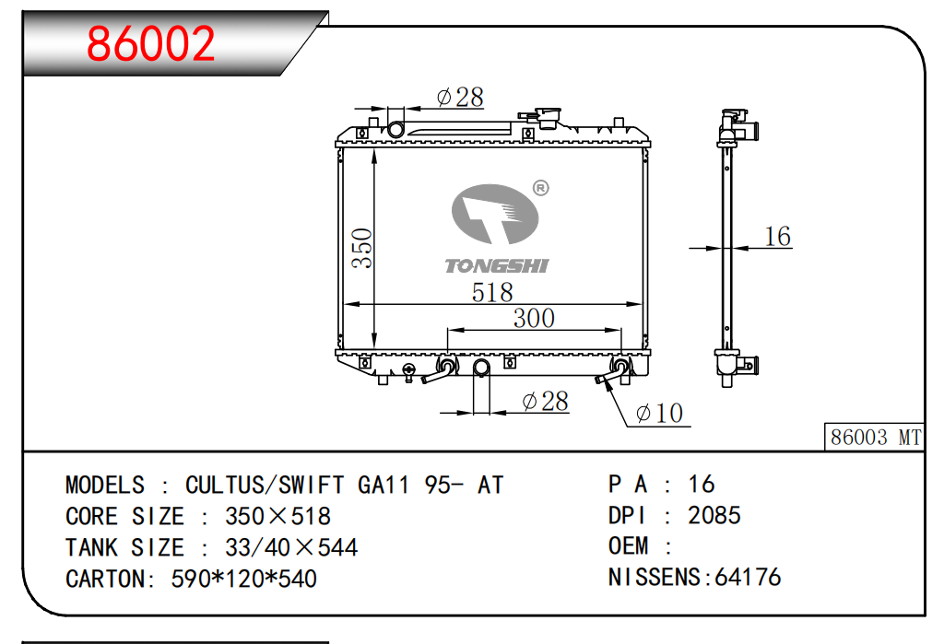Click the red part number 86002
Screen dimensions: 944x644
click(150, 43)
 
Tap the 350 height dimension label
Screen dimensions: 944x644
click(362, 248)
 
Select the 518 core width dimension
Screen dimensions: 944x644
click(492, 292)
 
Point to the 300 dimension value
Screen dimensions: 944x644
click(534, 318)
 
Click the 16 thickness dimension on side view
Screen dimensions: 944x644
click(777, 236)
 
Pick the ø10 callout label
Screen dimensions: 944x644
click(659, 413)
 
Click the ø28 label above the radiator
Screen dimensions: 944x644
click(460, 97)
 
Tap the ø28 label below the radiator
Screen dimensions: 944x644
click(545, 401)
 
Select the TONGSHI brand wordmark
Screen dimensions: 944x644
click(497, 266)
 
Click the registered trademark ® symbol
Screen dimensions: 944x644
click(540, 188)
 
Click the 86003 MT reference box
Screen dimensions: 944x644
click(874, 437)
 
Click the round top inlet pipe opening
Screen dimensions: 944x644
click(395, 129)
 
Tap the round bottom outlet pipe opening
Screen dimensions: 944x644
click(481, 367)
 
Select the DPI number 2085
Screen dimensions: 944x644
click(714, 515)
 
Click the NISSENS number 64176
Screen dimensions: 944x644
click(748, 577)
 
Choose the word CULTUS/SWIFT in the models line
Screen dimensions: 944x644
click(265, 486)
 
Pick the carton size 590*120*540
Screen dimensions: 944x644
click(243, 579)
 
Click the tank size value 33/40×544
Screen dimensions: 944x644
click(291, 547)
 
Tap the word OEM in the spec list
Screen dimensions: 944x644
click(628, 546)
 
